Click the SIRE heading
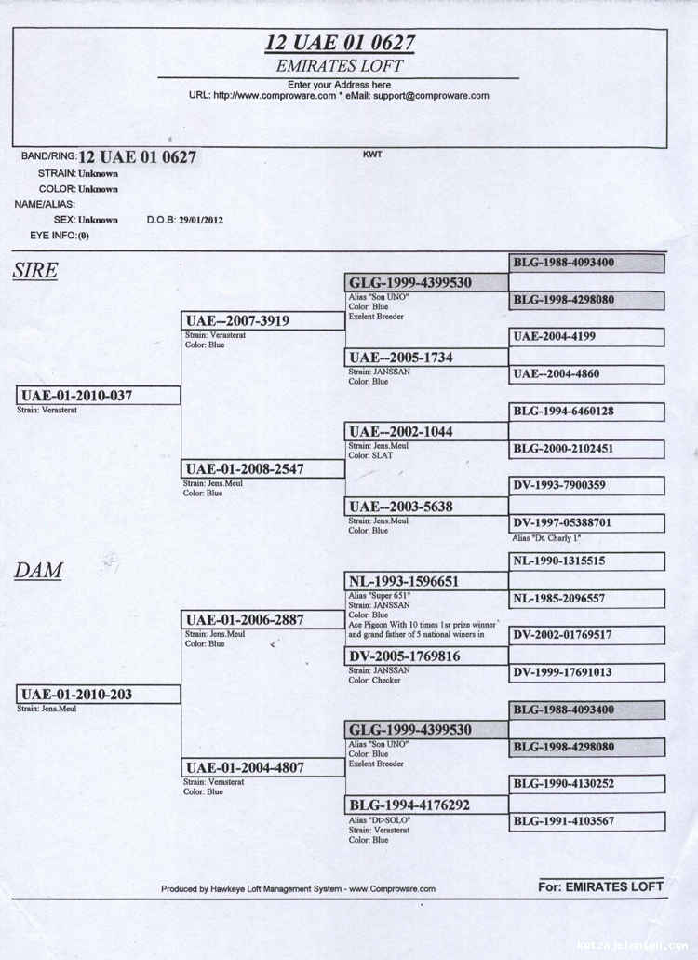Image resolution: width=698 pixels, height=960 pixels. click(x=35, y=271)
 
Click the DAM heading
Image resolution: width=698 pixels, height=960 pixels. click(x=38, y=571)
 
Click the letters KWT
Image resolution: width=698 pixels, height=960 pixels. click(x=372, y=155)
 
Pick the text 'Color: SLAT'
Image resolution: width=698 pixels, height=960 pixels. click(x=369, y=456)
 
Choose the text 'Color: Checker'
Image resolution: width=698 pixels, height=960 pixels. click(x=374, y=680)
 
